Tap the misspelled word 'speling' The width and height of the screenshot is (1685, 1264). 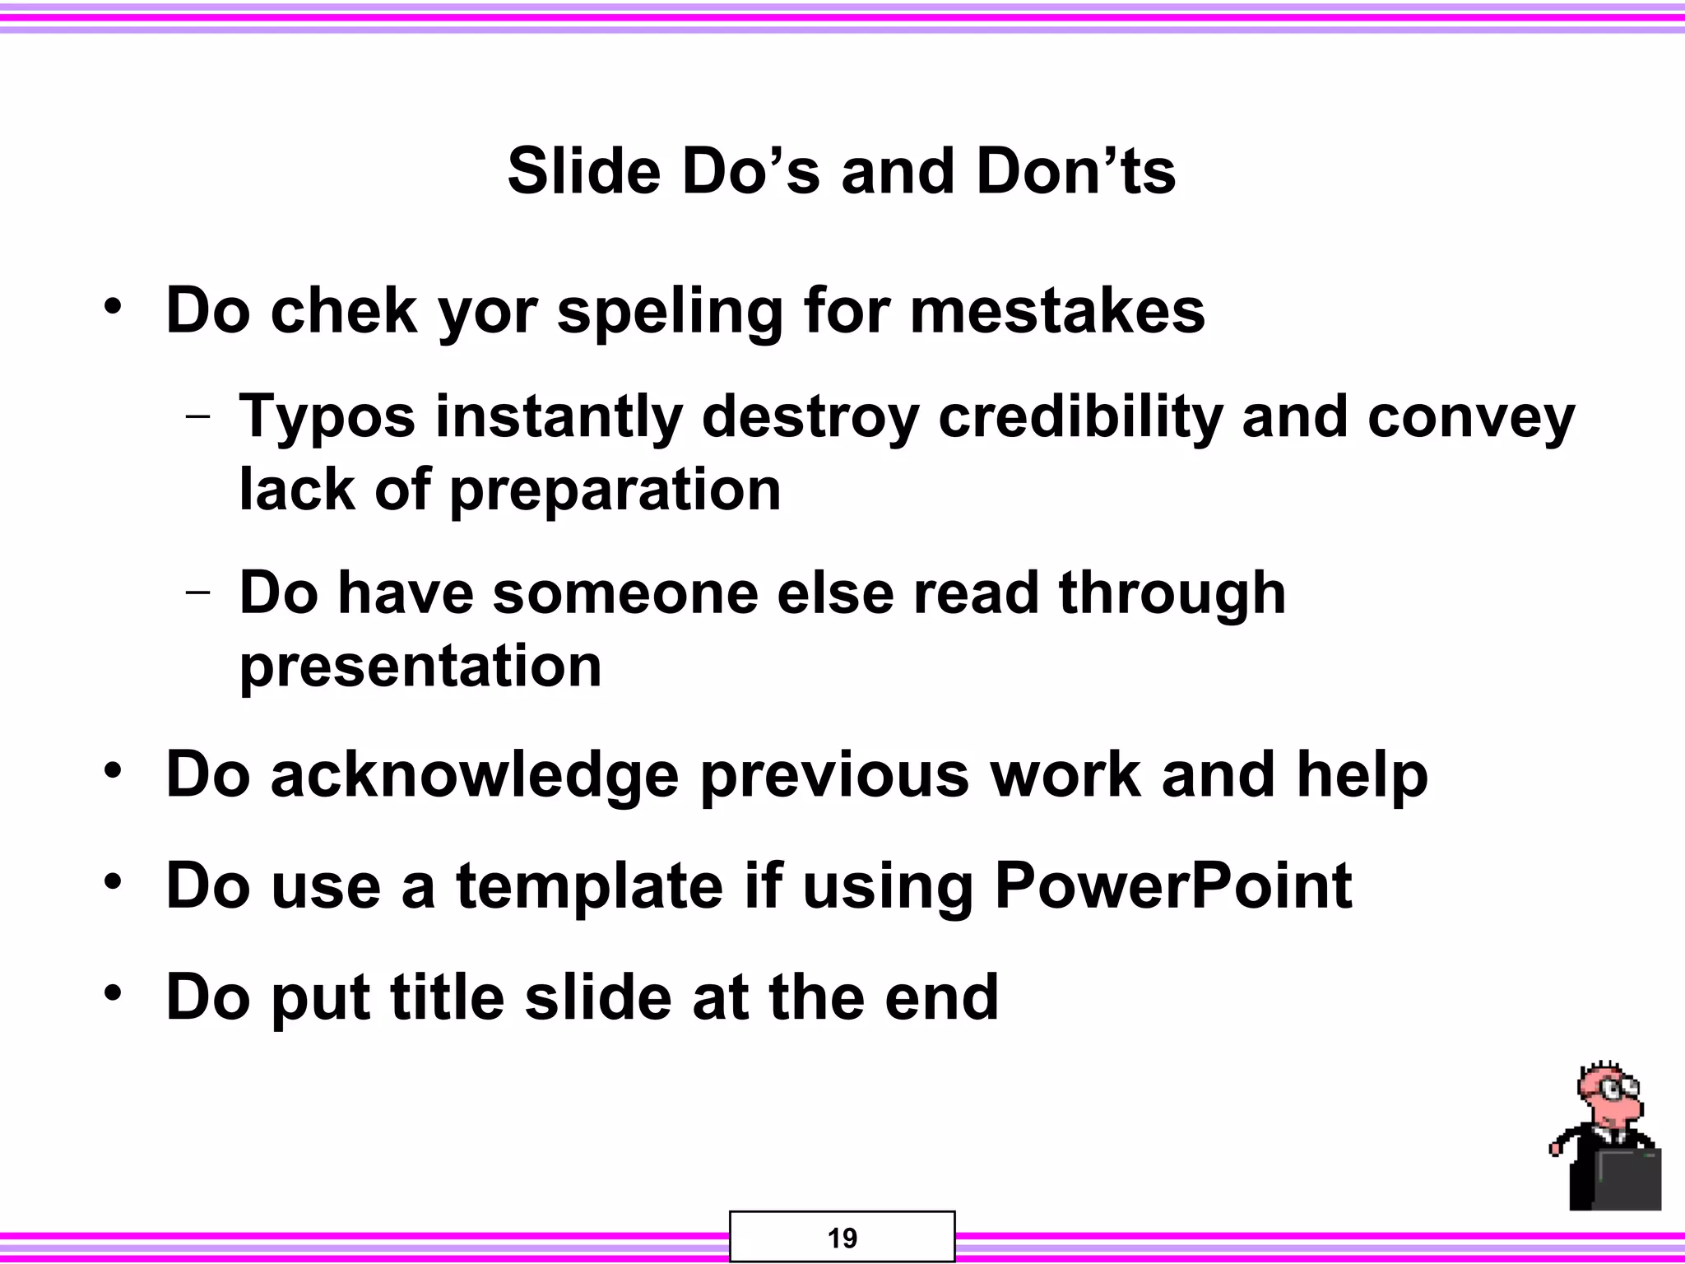coord(670,313)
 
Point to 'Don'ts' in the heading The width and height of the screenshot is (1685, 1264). coord(1075,171)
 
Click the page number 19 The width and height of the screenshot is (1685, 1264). coord(842,1238)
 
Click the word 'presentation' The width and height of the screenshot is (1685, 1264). coord(420,667)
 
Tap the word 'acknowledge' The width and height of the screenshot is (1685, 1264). coord(475,776)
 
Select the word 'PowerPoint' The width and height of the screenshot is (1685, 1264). coord(1172,885)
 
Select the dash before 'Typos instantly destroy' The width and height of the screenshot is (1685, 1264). coord(197,416)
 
